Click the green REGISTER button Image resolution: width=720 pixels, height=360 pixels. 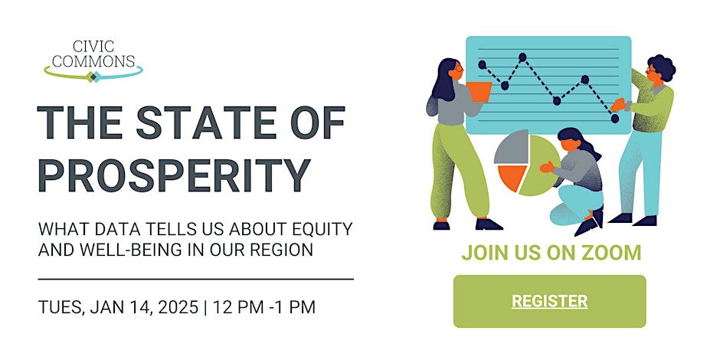(550, 301)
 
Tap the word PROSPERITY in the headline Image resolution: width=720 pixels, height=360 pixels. (175, 176)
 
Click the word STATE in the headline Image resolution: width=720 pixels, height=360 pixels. (205, 123)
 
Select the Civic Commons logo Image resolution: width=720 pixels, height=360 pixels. (93, 61)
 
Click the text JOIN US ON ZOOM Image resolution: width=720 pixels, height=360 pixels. (551, 253)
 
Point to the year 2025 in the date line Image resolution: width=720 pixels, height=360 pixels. (178, 307)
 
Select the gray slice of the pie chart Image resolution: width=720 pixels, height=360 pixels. (511, 147)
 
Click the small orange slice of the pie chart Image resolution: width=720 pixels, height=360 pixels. (512, 177)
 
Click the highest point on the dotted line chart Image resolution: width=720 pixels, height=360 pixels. (522, 57)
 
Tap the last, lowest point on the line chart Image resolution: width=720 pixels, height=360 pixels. (615, 119)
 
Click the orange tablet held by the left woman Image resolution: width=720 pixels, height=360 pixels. (479, 91)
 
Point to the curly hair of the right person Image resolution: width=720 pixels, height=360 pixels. (663, 67)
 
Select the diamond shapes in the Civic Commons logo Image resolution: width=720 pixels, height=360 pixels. (93, 77)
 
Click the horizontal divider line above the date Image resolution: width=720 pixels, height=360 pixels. (195, 279)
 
